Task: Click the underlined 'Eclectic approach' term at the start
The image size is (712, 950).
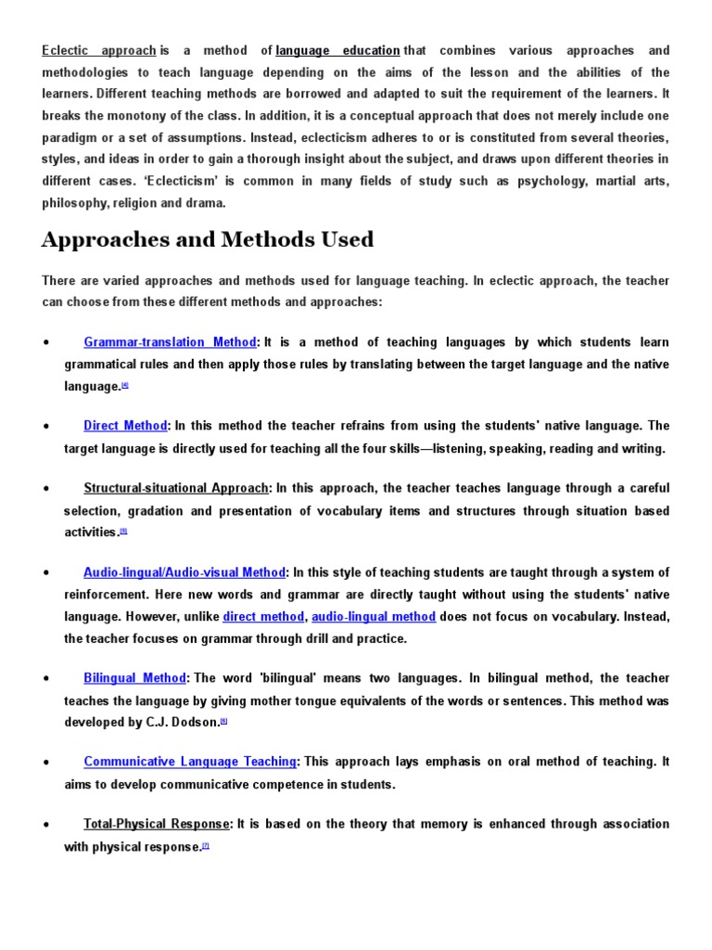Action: pos(98,50)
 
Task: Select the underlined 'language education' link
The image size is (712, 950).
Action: pos(338,50)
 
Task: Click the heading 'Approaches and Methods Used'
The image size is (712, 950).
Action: pos(208,239)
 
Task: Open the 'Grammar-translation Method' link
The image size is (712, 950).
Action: pos(170,342)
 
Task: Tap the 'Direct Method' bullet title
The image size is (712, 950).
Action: pos(125,426)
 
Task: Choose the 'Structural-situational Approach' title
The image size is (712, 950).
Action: pos(176,488)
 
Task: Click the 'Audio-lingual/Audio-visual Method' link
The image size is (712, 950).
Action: pos(184,572)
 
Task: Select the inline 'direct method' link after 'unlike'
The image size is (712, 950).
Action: pos(263,616)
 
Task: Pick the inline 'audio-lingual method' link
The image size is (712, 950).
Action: pos(374,616)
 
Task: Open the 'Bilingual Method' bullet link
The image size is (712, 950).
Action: pos(135,678)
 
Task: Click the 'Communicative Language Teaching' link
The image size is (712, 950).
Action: pos(190,762)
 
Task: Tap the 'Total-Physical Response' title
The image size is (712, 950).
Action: pos(157,824)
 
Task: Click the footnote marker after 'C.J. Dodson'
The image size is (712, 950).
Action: pos(224,721)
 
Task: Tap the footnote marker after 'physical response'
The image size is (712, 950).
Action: pos(206,845)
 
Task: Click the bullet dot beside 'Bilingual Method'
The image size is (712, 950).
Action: pos(45,679)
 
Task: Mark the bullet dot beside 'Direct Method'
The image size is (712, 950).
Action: pos(45,427)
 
